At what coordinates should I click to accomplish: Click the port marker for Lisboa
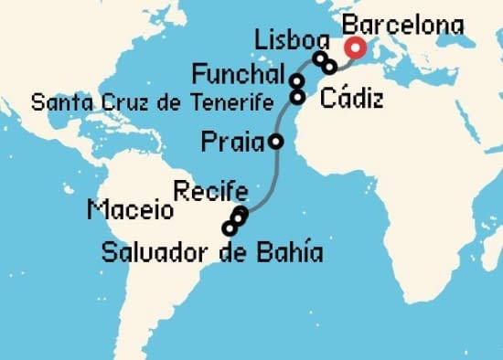[319, 59]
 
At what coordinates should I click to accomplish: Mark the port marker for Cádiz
[329, 67]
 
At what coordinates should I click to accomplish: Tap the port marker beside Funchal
[297, 81]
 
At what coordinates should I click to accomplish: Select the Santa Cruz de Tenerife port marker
[297, 96]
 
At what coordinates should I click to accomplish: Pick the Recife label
[209, 192]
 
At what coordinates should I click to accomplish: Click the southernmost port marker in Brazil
[229, 228]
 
